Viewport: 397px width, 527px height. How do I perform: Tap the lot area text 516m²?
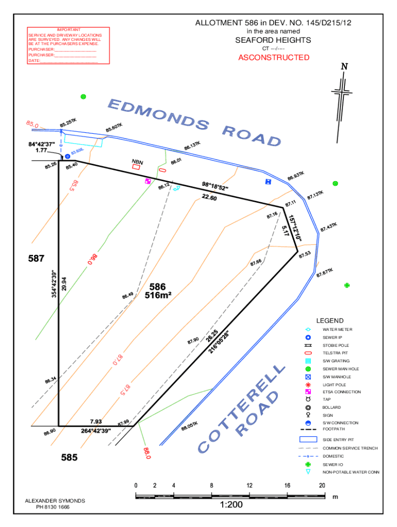point(158,295)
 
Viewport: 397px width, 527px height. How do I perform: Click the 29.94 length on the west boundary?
point(64,284)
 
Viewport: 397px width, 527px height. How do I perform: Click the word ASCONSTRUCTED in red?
point(274,58)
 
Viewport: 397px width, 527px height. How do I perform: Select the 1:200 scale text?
point(230,505)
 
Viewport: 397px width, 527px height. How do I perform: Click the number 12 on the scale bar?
point(249,485)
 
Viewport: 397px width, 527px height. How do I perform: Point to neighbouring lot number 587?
point(36,258)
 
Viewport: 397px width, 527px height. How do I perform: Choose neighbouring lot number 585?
point(69,456)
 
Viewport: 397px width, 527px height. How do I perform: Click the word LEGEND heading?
point(330,321)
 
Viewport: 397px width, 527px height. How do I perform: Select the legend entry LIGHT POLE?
point(335,384)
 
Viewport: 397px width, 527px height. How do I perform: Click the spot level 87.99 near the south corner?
point(123,423)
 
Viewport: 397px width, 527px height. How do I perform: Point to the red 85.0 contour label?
point(32,124)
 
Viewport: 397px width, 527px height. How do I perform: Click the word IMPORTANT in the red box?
point(69,30)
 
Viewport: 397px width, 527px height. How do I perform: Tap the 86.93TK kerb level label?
point(296,177)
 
